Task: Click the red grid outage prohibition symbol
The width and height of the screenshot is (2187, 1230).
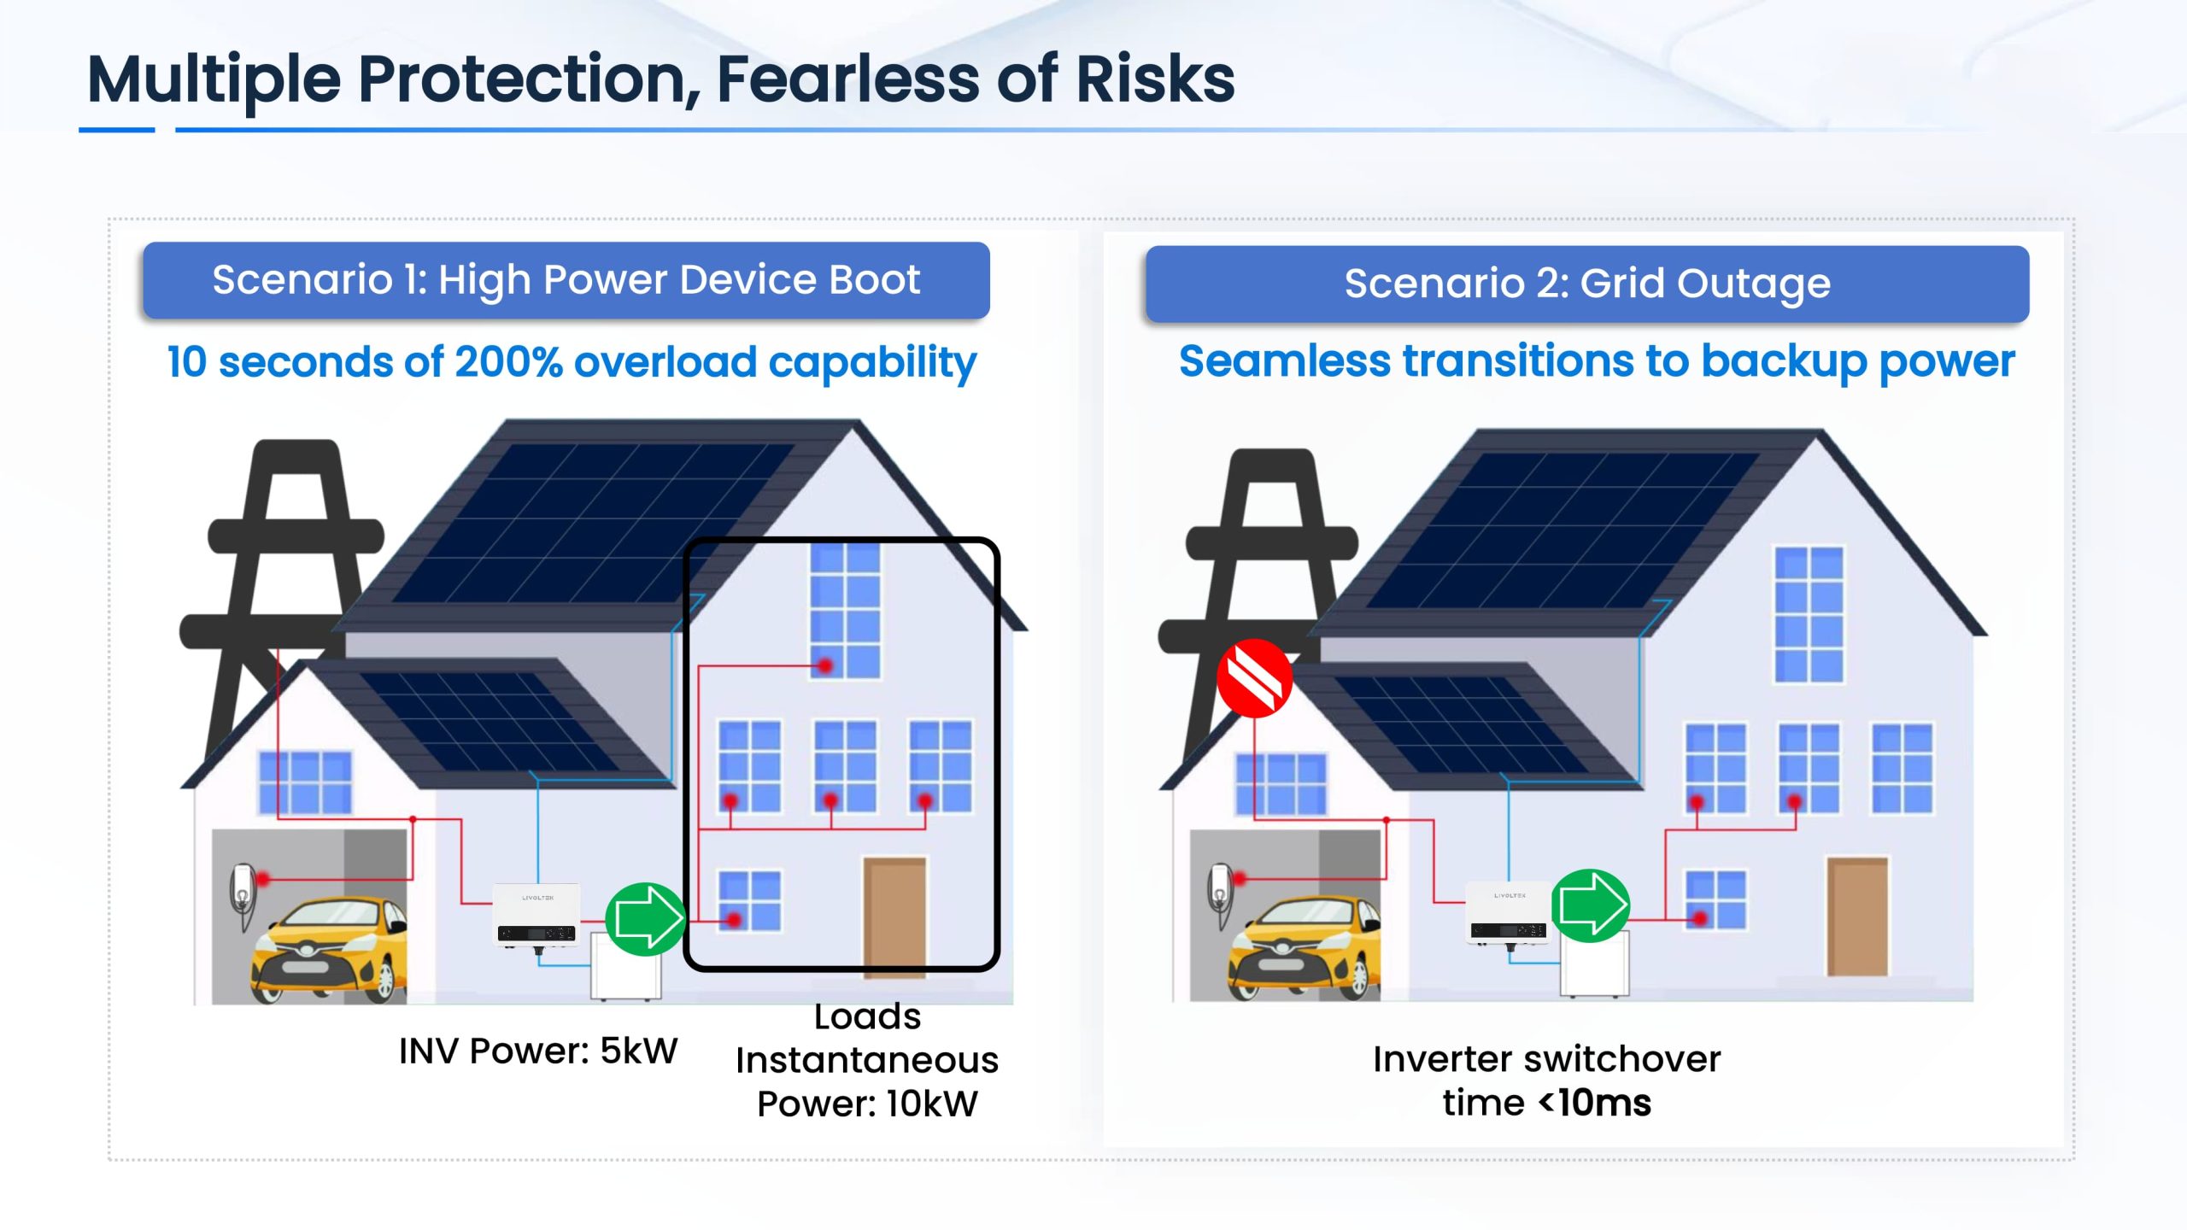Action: click(1254, 678)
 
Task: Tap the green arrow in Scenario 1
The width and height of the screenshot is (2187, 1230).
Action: click(646, 919)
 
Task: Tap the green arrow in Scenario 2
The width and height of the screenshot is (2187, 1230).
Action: click(1590, 906)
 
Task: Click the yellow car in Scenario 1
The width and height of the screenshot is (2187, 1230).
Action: click(329, 948)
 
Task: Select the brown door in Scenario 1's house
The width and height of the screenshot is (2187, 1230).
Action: click(894, 917)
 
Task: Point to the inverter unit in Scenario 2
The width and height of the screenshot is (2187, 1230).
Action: click(1510, 913)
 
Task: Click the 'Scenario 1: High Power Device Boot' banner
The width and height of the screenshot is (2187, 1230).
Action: click(566, 280)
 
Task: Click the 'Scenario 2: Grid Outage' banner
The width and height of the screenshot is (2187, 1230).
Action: click(1587, 284)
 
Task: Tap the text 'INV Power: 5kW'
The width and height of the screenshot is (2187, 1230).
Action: click(538, 1051)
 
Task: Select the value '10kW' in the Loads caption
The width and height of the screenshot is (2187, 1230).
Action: click(932, 1104)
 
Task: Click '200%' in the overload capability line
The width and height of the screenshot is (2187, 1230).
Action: click(509, 362)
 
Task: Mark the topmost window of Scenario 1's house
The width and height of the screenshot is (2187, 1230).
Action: click(845, 611)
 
